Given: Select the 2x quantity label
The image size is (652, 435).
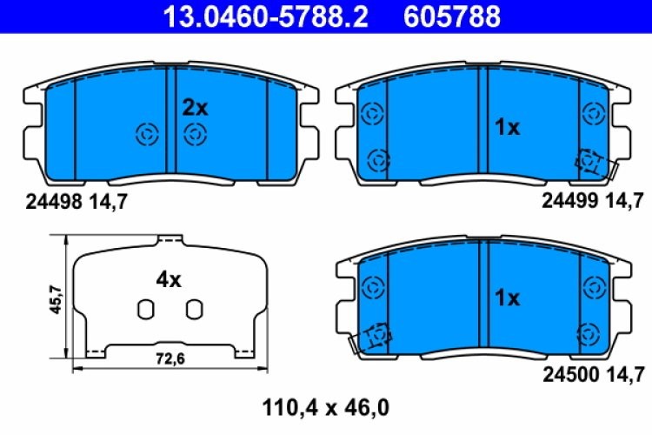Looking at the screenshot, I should [x=195, y=108].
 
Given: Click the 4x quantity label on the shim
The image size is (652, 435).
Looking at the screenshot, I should [x=169, y=280].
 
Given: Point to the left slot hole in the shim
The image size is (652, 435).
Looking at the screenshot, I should [x=146, y=308].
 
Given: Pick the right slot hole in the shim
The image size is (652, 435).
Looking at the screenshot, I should [x=194, y=308].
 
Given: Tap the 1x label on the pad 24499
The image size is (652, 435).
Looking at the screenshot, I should [x=507, y=128].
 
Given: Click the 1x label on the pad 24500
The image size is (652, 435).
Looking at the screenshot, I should [x=507, y=298].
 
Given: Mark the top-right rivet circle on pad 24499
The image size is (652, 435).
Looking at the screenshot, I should [x=595, y=112].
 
